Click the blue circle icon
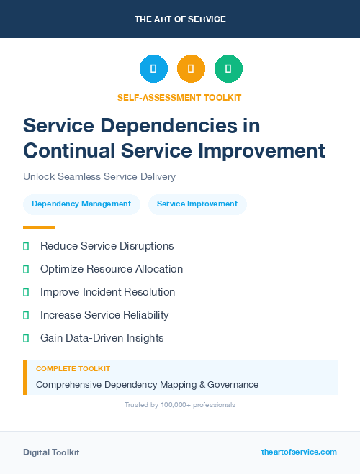pyautogui.click(x=153, y=69)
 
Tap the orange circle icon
pyautogui.click(x=191, y=69)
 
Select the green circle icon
pyautogui.click(x=228, y=69)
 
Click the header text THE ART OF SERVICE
pyautogui.click(x=180, y=19)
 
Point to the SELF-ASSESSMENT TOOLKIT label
pyautogui.click(x=180, y=97)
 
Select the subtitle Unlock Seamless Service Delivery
pyautogui.click(x=99, y=176)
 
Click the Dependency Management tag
pyautogui.click(x=81, y=204)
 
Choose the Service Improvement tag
pyautogui.click(x=197, y=204)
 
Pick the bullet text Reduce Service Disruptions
pyautogui.click(x=107, y=246)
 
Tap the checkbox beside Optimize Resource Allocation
pyautogui.click(x=26, y=269)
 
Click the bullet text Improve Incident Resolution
pyautogui.click(x=107, y=292)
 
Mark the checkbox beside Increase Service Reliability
pyautogui.click(x=26, y=315)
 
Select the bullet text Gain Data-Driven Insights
pyautogui.click(x=102, y=338)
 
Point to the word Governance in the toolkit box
pyautogui.click(x=232, y=385)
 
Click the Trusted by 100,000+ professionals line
pyautogui.click(x=180, y=405)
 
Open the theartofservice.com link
pyautogui.click(x=299, y=452)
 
